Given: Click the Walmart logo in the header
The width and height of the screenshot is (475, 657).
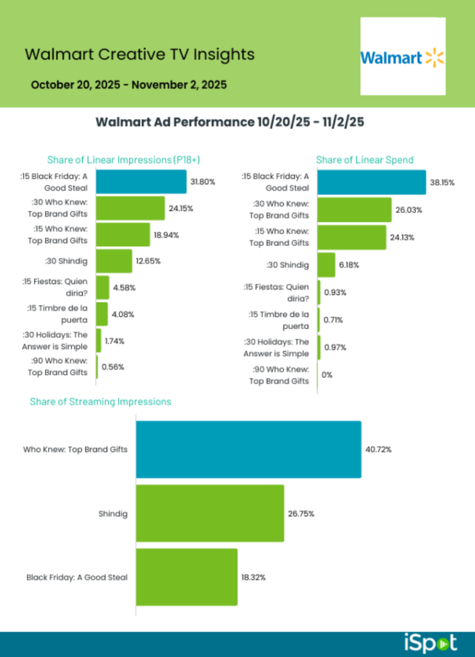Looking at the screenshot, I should [402, 57].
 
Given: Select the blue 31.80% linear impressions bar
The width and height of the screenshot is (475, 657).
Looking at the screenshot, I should [141, 182].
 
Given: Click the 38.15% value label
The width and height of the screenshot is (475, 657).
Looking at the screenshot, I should [443, 182].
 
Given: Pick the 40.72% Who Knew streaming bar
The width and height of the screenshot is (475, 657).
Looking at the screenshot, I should [248, 449].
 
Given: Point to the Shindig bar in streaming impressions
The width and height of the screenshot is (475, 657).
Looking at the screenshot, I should [209, 513].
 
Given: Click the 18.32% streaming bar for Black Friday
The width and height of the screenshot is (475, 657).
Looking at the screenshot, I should [186, 577].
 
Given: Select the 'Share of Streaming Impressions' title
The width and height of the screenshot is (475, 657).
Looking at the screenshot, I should [100, 402].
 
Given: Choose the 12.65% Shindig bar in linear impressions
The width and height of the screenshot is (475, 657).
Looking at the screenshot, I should [114, 261].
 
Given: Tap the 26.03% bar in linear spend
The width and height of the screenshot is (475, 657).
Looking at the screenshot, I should [354, 210].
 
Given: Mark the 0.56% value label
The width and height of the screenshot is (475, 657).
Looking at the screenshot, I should [113, 367].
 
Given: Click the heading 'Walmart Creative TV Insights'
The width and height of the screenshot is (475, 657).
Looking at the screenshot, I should [139, 54].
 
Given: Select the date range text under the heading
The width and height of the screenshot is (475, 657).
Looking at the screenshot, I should [128, 84].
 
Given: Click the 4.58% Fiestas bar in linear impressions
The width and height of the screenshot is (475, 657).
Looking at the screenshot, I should [102, 287].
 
